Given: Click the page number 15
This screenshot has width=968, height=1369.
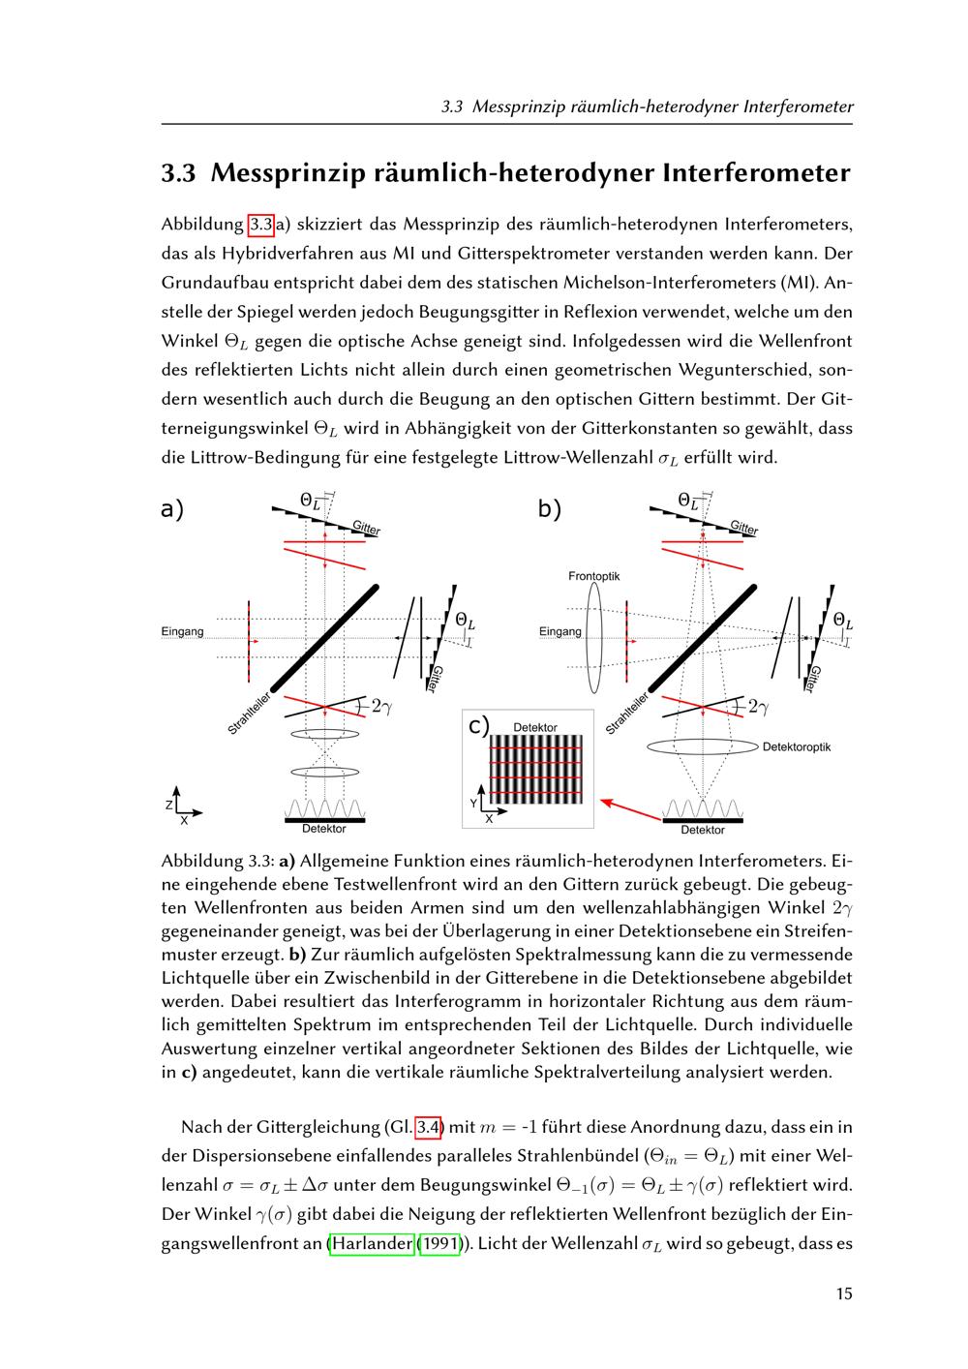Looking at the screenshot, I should (844, 1293).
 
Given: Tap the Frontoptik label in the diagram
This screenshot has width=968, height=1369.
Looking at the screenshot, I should (593, 576).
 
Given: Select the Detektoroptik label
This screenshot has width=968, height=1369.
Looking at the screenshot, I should (796, 746).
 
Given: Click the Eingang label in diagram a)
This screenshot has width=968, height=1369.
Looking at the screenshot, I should (182, 632).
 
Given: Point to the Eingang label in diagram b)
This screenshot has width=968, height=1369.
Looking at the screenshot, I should (560, 632).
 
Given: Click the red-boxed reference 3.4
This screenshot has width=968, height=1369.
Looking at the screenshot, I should (429, 1126).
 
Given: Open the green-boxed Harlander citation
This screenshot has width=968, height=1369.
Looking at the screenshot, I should (372, 1243).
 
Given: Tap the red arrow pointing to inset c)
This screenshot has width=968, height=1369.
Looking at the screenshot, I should (631, 810).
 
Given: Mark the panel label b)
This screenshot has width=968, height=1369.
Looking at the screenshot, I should (550, 509).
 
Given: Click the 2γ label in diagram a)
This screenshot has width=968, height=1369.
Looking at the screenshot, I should (380, 708).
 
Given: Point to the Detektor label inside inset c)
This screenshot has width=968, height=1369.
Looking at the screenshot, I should (534, 727).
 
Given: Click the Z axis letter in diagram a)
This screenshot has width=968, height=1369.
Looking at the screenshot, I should (168, 805).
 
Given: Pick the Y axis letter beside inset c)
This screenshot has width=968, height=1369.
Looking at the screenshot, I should (473, 804).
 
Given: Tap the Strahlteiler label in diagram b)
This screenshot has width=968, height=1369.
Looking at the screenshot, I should (627, 714).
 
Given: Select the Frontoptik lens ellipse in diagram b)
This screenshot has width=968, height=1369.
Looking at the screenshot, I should (594, 637).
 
